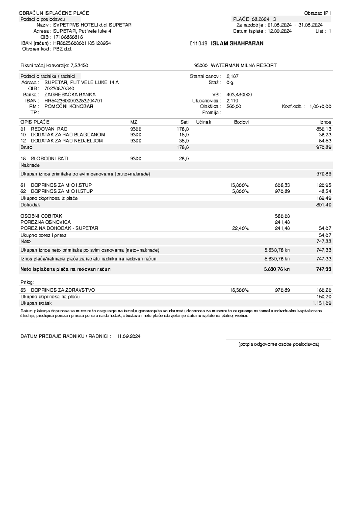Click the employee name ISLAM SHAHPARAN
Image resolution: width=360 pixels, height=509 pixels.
(x=237, y=43)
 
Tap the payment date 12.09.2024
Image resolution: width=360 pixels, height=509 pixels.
(x=280, y=31)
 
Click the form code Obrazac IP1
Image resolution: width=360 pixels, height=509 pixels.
(x=317, y=13)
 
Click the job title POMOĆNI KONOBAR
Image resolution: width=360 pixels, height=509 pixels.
(x=69, y=106)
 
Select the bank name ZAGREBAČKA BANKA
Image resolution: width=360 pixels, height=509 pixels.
(x=70, y=94)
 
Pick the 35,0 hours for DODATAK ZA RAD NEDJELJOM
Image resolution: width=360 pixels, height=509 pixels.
(x=184, y=141)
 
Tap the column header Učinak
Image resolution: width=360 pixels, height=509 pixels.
(x=203, y=122)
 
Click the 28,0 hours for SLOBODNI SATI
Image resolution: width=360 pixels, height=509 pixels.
(x=184, y=159)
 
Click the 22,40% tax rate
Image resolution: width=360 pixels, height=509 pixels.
(x=240, y=228)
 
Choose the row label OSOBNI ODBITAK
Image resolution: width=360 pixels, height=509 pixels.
(x=41, y=216)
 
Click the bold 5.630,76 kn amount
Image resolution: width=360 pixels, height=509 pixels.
(x=277, y=269)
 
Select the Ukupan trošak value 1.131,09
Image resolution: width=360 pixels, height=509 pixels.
(x=322, y=303)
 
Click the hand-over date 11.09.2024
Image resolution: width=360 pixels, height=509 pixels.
(x=129, y=336)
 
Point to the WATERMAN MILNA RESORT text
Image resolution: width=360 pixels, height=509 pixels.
(x=244, y=65)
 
